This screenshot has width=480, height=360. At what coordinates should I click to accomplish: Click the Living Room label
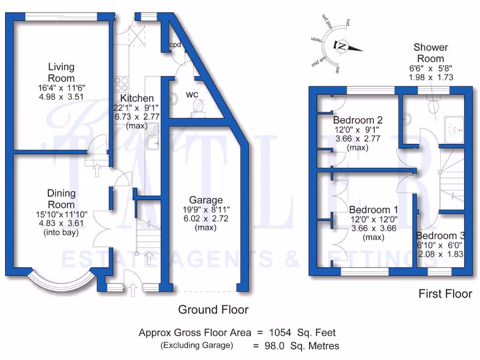tap(61, 73)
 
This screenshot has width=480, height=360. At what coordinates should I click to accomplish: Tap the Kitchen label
tap(137, 98)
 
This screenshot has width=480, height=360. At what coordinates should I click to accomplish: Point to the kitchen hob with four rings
tap(120, 83)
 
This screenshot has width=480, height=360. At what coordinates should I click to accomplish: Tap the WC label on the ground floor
tap(192, 94)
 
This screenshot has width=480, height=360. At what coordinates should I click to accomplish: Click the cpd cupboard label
tap(175, 45)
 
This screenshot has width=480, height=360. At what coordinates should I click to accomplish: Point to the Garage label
tap(206, 200)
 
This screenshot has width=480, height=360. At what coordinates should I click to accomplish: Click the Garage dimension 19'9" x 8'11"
tap(206, 210)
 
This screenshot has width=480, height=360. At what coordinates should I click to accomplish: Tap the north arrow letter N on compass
tap(342, 46)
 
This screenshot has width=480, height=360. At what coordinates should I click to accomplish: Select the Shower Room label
tap(430, 53)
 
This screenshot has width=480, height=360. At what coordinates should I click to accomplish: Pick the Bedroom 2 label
tap(358, 120)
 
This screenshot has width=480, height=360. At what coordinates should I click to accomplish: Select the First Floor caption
tap(445, 294)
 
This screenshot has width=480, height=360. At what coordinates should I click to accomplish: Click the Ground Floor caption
tap(213, 309)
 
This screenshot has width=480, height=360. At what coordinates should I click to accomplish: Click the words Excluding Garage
tap(196, 346)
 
